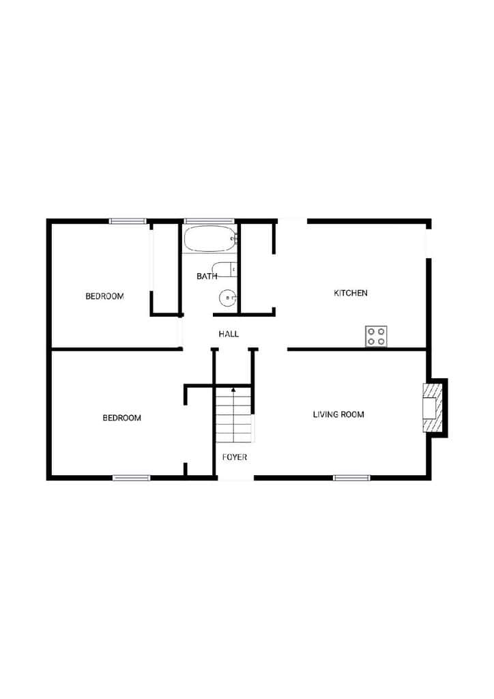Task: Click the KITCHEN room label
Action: pos(351,293)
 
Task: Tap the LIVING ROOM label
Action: pos(338,414)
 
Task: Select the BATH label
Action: pos(207,276)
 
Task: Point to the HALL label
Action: pos(229,334)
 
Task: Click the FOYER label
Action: pos(234,457)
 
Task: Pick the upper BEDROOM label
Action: pos(104,296)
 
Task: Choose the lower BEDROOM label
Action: pos(121,418)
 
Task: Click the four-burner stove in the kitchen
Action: pos(377,336)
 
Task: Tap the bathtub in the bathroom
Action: pos(209,240)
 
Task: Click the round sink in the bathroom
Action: pos(227,298)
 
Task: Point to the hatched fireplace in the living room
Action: pos(432,408)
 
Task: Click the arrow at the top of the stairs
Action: pos(233,390)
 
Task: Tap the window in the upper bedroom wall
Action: pos(128,221)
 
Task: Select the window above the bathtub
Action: pos(209,221)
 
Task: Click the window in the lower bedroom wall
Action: pos(132,478)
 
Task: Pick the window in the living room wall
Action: pos(352,478)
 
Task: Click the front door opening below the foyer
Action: pos(235,478)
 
